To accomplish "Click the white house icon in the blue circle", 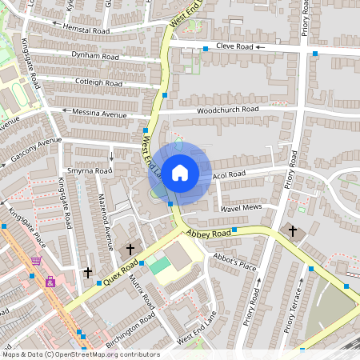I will point(180,172).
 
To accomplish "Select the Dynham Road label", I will point(95,57).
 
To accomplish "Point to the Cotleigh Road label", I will point(98,83).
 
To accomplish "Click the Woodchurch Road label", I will point(228,109).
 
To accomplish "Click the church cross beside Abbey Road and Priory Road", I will point(293,231).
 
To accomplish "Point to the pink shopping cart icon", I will point(36,260).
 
